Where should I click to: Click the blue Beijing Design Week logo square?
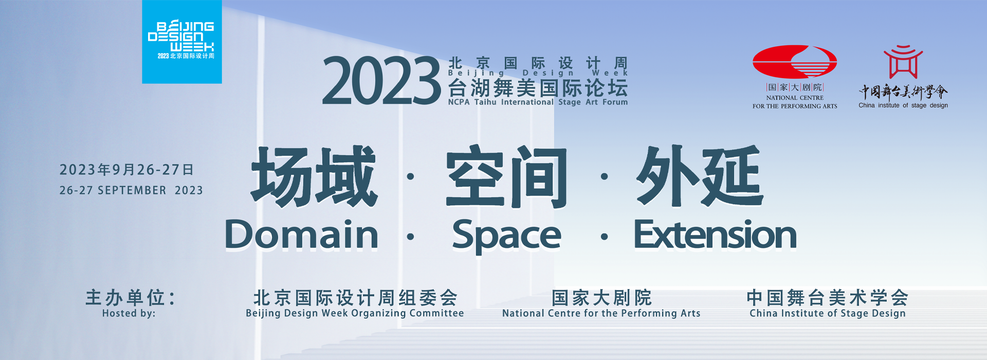pos(182,42)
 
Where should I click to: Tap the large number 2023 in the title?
pos(381,81)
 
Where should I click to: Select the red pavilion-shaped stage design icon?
pos(903,62)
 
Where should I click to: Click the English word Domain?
pos(302,235)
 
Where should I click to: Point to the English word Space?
pos(507,236)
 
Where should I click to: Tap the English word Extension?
pos(715,235)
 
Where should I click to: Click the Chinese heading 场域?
pos(314,176)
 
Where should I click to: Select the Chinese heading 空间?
pos(506,176)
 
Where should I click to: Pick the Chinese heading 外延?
pos(700,176)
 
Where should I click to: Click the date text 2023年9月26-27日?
pos(126,170)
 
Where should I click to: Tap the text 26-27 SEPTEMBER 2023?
pos(131,190)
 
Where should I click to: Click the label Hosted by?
pos(129,313)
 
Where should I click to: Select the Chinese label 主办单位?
pos(131,297)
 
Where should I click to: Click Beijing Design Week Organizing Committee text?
pos(355,314)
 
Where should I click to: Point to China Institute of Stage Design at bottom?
pos(828,314)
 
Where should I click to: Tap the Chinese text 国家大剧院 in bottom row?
pos(601,298)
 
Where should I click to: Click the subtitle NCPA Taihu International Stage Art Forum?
pos(538,102)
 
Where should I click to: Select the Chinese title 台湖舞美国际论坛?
pos(538,88)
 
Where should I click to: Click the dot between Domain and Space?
pos(410,237)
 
